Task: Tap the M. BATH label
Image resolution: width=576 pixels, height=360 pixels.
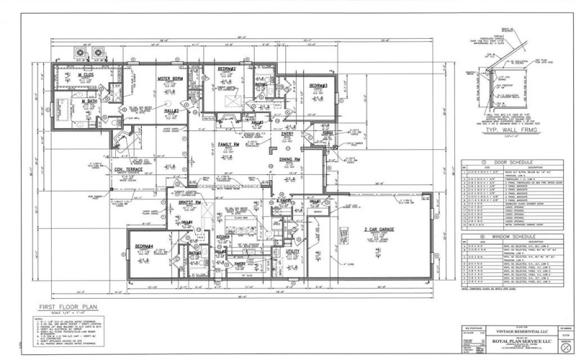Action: pyautogui.click(x=90, y=102)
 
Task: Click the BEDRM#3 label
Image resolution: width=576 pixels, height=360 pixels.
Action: pyautogui.click(x=319, y=86)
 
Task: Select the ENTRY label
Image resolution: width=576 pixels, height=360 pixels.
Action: pyautogui.click(x=287, y=133)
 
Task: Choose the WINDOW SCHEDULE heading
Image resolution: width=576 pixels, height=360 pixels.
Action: pyautogui.click(x=508, y=236)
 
